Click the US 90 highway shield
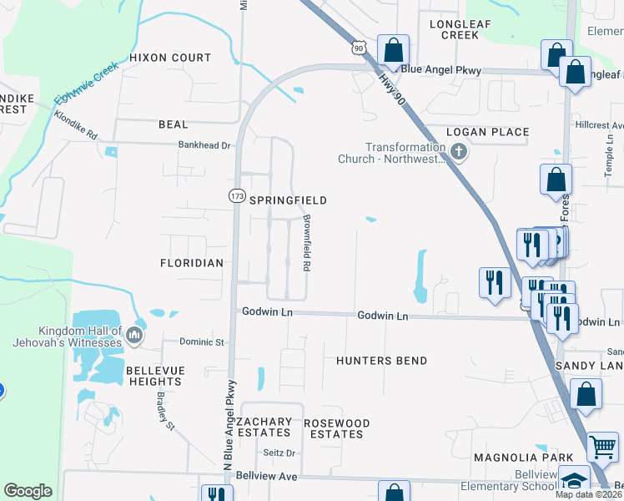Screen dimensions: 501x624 pyautogui.click(x=359, y=49)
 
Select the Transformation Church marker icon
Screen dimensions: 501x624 pyautogui.click(x=458, y=151)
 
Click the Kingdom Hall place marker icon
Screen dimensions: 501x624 pyautogui.click(x=134, y=337)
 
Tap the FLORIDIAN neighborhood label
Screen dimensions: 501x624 pyautogui.click(x=192, y=263)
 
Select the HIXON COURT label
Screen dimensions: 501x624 pyautogui.click(x=170, y=58)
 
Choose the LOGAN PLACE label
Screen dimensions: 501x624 pyautogui.click(x=488, y=132)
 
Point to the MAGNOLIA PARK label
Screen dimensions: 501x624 pyautogui.click(x=523, y=458)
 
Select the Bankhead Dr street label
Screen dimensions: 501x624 pyautogui.click(x=204, y=145)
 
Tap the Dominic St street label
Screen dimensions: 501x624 pyautogui.click(x=203, y=342)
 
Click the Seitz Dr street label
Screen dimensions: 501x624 pyautogui.click(x=280, y=453)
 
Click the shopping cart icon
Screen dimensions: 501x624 pyautogui.click(x=602, y=446)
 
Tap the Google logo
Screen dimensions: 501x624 pyautogui.click(x=28, y=491)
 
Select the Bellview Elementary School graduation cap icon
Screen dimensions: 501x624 pyautogui.click(x=573, y=481)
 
